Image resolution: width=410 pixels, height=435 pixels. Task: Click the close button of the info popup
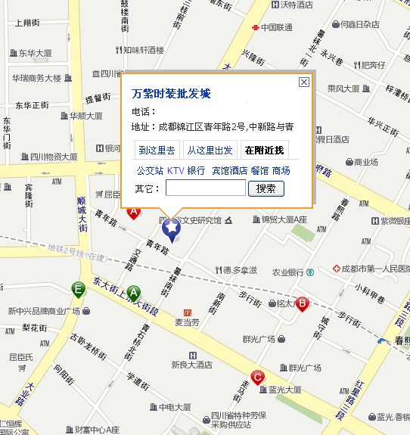pos(304,82)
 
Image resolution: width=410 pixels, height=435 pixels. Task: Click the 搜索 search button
pos(266,188)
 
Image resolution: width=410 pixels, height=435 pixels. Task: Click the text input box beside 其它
pos(205,188)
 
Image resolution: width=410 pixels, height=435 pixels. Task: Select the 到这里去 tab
pos(157,150)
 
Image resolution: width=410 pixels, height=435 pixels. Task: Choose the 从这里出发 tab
pos(210,150)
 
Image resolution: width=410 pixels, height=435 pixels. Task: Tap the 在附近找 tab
pos(264,150)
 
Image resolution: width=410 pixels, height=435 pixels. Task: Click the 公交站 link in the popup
pos(149,171)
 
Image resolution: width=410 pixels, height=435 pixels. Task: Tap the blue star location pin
pos(172,227)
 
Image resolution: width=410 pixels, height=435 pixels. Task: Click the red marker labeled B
pos(302,304)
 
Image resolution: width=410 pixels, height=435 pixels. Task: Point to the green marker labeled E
pos(78,288)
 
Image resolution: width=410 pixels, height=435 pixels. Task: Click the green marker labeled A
pos(134,293)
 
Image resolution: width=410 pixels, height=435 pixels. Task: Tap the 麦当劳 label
pos(186,322)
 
